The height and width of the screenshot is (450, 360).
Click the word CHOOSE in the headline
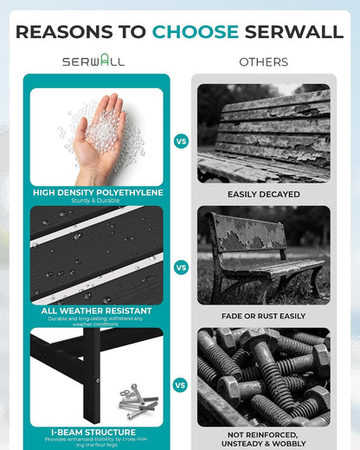click(196, 32)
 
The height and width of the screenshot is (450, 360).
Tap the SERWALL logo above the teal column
click(93, 60)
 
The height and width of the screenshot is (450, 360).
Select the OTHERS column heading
click(264, 62)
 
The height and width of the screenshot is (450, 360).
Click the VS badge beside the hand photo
click(181, 141)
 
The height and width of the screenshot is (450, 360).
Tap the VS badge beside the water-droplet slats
click(181, 267)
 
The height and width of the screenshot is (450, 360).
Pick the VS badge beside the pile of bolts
click(180, 385)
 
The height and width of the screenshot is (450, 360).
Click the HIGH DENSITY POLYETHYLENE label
click(98, 192)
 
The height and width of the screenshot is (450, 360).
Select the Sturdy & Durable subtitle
click(95, 200)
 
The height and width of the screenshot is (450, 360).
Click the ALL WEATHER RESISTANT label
click(96, 311)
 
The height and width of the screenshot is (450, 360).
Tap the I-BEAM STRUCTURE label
click(93, 432)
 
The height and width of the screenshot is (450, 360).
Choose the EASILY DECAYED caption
click(264, 194)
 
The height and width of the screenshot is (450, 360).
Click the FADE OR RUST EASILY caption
click(263, 316)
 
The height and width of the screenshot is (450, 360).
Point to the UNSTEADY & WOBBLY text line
click(263, 443)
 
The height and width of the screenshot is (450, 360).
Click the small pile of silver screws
click(138, 401)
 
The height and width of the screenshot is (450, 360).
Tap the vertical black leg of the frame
click(92, 375)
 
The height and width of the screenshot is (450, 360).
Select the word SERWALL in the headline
click(294, 32)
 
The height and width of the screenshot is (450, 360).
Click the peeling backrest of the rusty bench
click(249, 234)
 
